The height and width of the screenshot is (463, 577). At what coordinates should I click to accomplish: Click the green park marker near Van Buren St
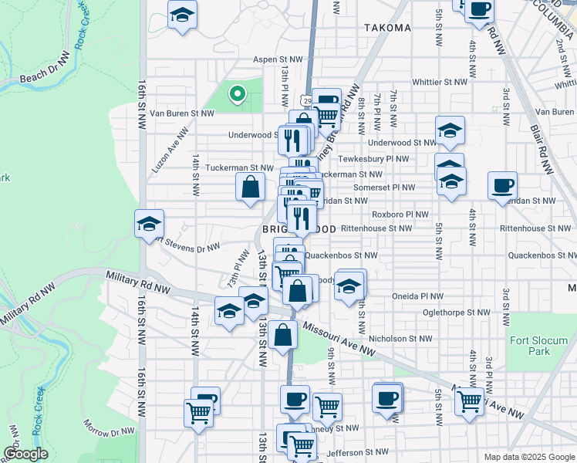coord(238,95)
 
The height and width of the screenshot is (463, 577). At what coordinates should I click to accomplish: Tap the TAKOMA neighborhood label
coord(387,28)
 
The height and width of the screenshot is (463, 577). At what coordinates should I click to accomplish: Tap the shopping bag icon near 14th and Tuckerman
coord(251,187)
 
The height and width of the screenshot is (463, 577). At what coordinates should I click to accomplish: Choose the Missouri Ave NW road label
coord(339,340)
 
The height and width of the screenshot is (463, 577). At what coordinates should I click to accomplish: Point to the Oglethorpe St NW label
coord(456,313)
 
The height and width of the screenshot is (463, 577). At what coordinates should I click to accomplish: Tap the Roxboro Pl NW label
coord(400,215)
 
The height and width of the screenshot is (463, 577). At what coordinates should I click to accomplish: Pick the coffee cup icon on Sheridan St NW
coord(502,185)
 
